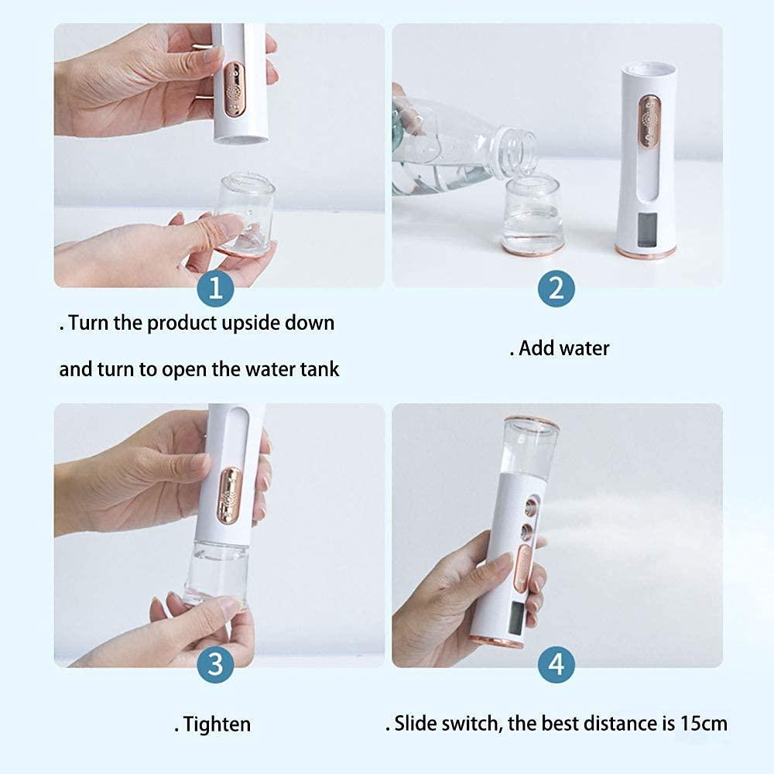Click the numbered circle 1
216,289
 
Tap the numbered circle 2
556,289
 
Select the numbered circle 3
216,663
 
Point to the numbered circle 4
556,663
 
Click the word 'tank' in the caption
320,369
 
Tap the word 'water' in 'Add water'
584,348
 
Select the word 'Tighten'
217,724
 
